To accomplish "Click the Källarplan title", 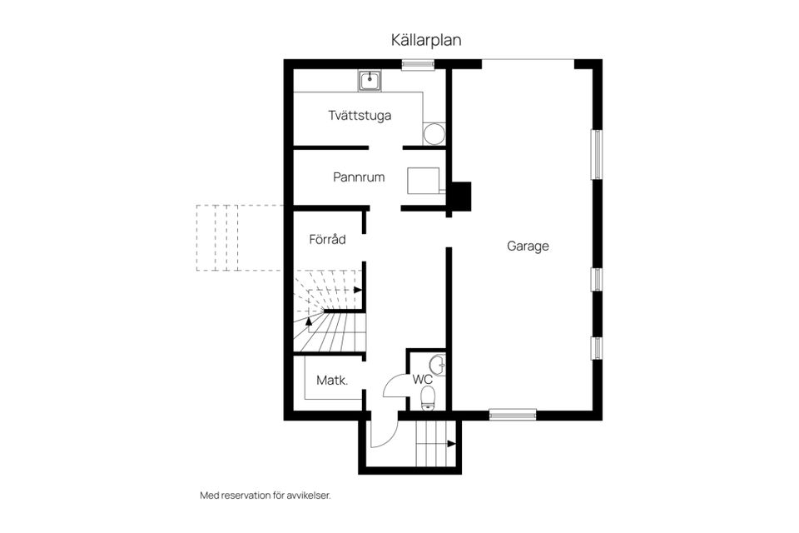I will [426, 40].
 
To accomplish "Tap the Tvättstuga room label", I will [360, 116].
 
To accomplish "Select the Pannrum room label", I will [359, 177].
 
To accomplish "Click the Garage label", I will [528, 247].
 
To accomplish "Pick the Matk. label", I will [331, 381].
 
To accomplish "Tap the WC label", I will [423, 380].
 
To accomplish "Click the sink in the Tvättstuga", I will [370, 81].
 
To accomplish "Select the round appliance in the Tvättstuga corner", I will [434, 134].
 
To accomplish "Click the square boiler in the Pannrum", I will [424, 181].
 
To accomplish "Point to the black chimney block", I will [460, 197].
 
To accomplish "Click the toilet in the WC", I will [428, 402].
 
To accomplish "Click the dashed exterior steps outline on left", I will [238, 238].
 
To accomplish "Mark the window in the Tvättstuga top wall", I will [414, 64].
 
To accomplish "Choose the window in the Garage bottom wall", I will [513, 414].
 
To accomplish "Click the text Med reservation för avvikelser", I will [266, 496].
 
